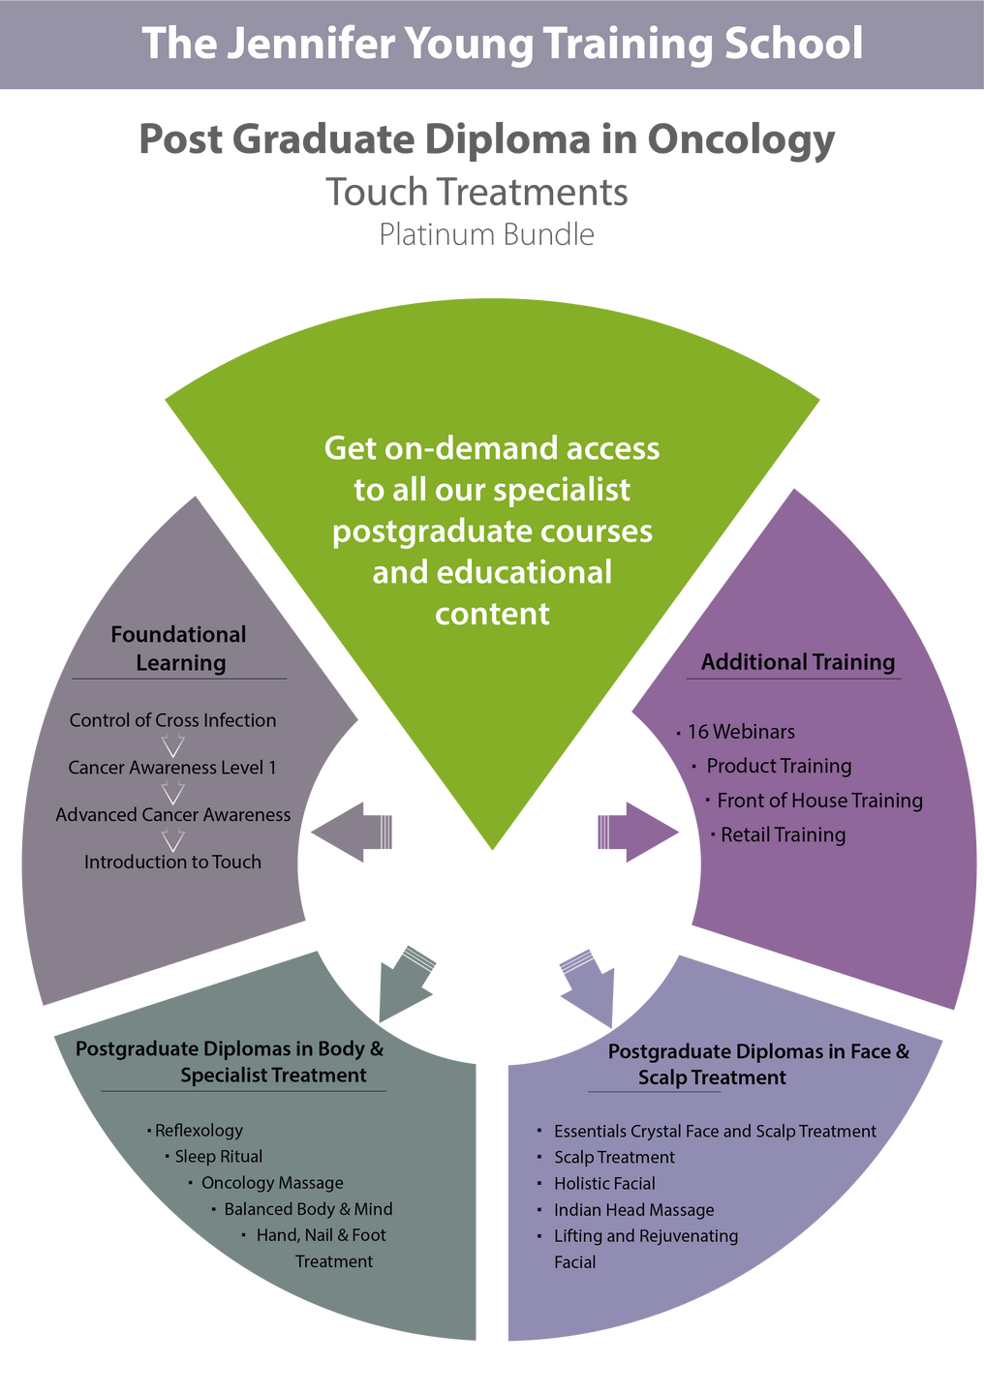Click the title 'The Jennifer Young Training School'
pos(502,45)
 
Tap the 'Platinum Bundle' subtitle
pos(486,234)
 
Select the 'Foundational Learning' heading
pos(179,649)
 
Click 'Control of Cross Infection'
pos(172,720)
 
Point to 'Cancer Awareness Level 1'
pos(172,768)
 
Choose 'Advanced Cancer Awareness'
pos(172,815)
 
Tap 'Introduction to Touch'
pos(172,863)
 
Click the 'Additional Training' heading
pos(797,662)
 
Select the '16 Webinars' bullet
pos(741,732)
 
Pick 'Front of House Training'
pos(819,801)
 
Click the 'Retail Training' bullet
pos(783,834)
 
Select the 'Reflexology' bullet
pos(199,1131)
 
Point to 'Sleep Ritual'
pos(218,1157)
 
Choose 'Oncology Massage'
pos(272,1183)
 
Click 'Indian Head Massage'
pos(633,1210)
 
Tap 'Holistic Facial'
pos(604,1184)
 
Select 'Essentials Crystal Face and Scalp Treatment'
pos(715,1132)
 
